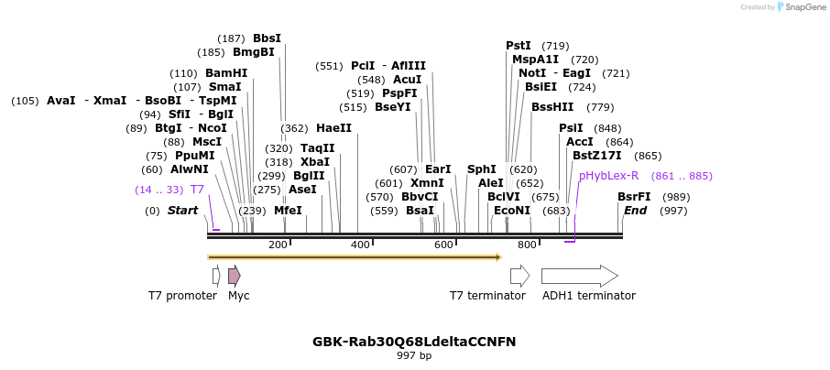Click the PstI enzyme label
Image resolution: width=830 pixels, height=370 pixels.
point(519,46)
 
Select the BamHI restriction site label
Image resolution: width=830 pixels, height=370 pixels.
point(226,73)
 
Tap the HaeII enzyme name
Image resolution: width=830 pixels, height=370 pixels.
point(334,128)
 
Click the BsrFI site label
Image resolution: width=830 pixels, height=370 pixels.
point(634,197)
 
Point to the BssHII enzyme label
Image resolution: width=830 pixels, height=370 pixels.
point(552,107)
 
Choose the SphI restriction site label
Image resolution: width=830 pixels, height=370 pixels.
point(482,169)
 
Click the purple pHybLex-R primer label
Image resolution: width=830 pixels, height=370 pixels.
point(608,176)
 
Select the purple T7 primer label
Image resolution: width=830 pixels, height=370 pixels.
point(197,190)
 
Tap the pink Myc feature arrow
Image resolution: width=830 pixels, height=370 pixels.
point(235,275)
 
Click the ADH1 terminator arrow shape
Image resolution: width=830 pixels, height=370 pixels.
point(579,275)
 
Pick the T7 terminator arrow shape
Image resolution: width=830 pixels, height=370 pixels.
point(519,275)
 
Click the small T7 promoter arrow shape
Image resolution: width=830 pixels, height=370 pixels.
point(216,275)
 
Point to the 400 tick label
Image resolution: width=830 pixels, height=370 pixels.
point(360,245)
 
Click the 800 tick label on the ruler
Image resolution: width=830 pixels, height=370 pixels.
point(527,245)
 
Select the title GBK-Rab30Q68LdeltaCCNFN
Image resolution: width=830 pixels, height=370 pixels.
point(414,342)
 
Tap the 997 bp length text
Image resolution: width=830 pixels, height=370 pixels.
point(414,355)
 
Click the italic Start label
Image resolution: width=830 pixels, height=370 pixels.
point(182,211)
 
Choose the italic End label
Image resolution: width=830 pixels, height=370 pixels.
point(635,211)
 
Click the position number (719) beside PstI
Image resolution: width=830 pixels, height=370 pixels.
point(555,46)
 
